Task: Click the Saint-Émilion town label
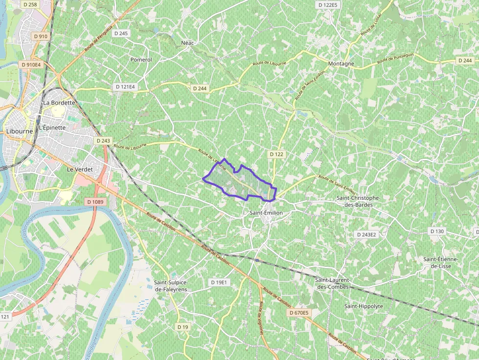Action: coord(266,213)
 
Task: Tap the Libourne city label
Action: coord(20,131)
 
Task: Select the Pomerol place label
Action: coord(141,60)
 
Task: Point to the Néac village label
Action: coord(188,43)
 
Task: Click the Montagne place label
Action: coord(341,64)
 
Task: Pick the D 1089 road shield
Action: coord(95,201)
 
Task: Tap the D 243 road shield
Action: coord(103,141)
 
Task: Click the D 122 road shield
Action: coord(276,154)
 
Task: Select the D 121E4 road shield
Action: coord(125,86)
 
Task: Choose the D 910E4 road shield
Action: coord(31,64)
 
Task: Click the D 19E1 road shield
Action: coord(219,282)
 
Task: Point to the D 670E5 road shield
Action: coord(299,313)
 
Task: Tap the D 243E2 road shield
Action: coord(367,234)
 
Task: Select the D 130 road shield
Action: coord(437,231)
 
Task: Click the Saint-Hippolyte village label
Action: coord(364,306)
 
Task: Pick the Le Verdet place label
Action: coord(80,169)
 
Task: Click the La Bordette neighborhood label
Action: coord(59,103)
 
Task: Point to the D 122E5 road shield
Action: coord(327,5)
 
